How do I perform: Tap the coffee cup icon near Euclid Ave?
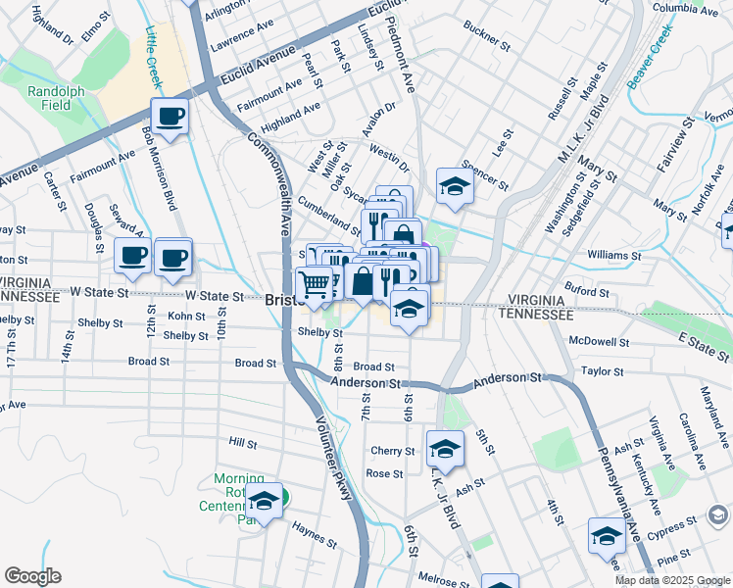click(170, 117)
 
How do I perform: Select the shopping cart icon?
click(315, 283)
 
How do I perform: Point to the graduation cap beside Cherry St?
click(446, 449)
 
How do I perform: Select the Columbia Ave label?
click(686, 8)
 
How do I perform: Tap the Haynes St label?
click(314, 534)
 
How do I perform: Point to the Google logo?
click(32, 576)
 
